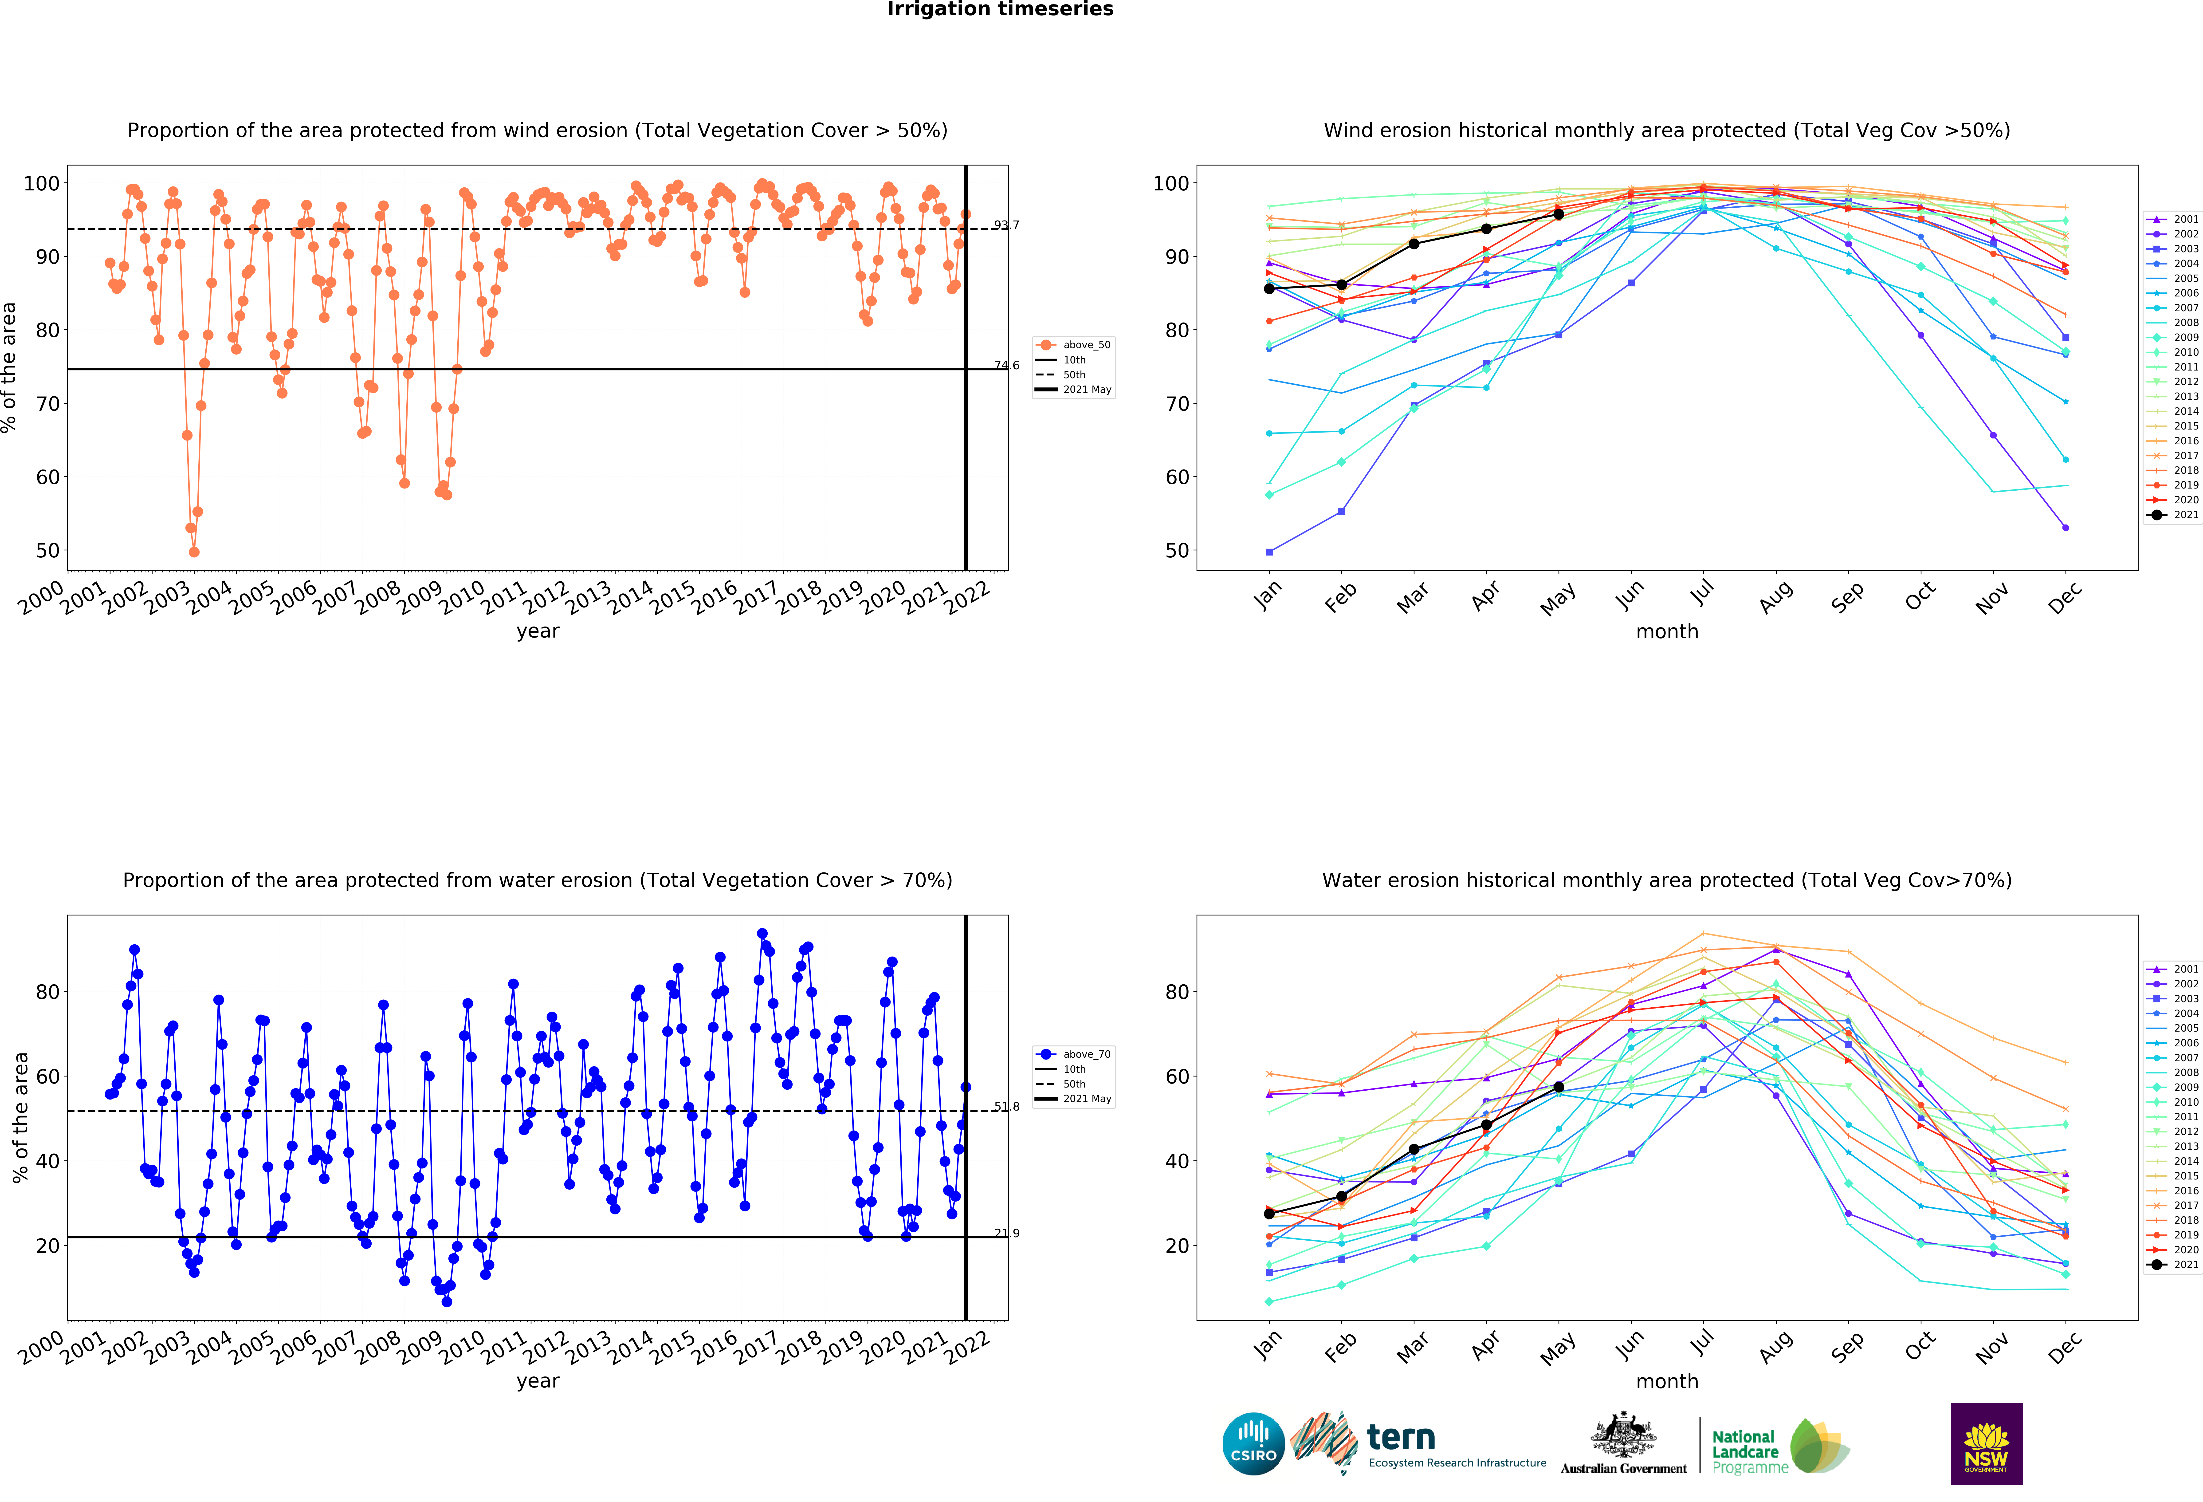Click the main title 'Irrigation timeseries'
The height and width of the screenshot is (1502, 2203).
pyautogui.click(x=1000, y=9)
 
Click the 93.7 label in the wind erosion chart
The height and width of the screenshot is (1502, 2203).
pyautogui.click(x=1007, y=225)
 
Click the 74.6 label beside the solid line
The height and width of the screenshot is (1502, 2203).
pyautogui.click(x=1007, y=365)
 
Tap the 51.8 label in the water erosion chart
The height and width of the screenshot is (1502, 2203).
pyautogui.click(x=1007, y=1107)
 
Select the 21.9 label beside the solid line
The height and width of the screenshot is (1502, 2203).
pyautogui.click(x=1007, y=1233)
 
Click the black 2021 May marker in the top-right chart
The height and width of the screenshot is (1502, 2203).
pyautogui.click(x=1558, y=214)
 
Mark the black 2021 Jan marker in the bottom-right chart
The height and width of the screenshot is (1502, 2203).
pyautogui.click(x=1269, y=1214)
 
